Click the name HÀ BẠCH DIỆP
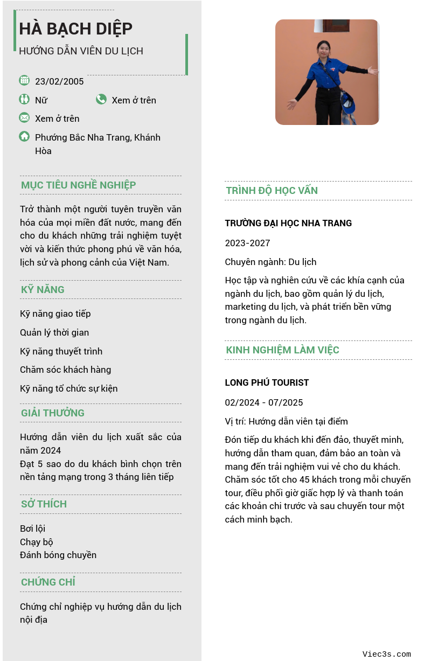tap(75, 29)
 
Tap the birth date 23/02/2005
tap(59, 81)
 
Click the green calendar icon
tap(24, 80)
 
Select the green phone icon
tap(101, 99)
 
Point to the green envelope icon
tap(24, 117)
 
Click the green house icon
tap(24, 136)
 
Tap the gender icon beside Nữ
tap(24, 99)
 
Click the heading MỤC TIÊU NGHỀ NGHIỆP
tap(78, 185)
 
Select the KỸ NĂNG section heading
tap(43, 290)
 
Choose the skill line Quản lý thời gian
tap(54, 332)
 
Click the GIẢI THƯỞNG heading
tap(53, 413)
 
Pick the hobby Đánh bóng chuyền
tap(58, 555)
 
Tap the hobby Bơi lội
tap(32, 528)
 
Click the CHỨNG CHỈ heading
tap(48, 582)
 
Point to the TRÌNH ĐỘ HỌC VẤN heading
tap(272, 191)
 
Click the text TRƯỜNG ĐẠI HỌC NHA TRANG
tap(288, 223)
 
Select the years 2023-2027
tap(247, 243)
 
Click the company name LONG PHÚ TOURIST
tap(267, 382)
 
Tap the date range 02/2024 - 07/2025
tap(264, 402)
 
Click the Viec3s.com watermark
tap(386, 655)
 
